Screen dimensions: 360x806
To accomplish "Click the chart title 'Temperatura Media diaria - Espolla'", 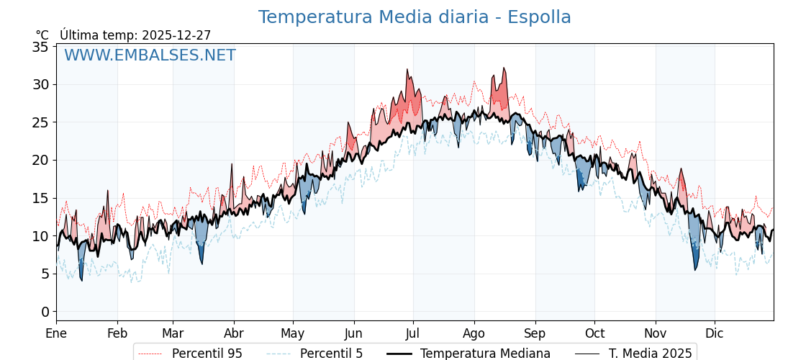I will tap(415, 17).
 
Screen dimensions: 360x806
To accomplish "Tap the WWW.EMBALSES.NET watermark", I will tap(150, 55).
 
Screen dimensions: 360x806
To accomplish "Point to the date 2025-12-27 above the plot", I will tap(176, 35).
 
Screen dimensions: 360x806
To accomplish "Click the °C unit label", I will tap(42, 35).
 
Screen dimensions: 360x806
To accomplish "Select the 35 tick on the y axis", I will tap(40, 47).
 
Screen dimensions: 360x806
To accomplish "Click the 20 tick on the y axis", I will tap(40, 160).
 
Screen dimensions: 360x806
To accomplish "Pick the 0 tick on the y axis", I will tap(45, 311).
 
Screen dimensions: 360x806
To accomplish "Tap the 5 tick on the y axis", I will tap(45, 274).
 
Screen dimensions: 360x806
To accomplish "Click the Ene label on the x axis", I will tap(56, 333).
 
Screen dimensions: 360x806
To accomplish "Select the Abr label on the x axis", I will tap(234, 333).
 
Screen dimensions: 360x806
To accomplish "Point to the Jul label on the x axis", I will tap(413, 333).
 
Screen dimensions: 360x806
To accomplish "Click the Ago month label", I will tap(474, 333).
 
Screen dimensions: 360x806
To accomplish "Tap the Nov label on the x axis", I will tap(656, 333).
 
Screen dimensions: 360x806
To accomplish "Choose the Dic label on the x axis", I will tap(715, 333).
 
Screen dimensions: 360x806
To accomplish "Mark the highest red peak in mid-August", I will tap(504, 68).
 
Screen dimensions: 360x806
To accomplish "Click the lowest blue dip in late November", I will tap(695, 270).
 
